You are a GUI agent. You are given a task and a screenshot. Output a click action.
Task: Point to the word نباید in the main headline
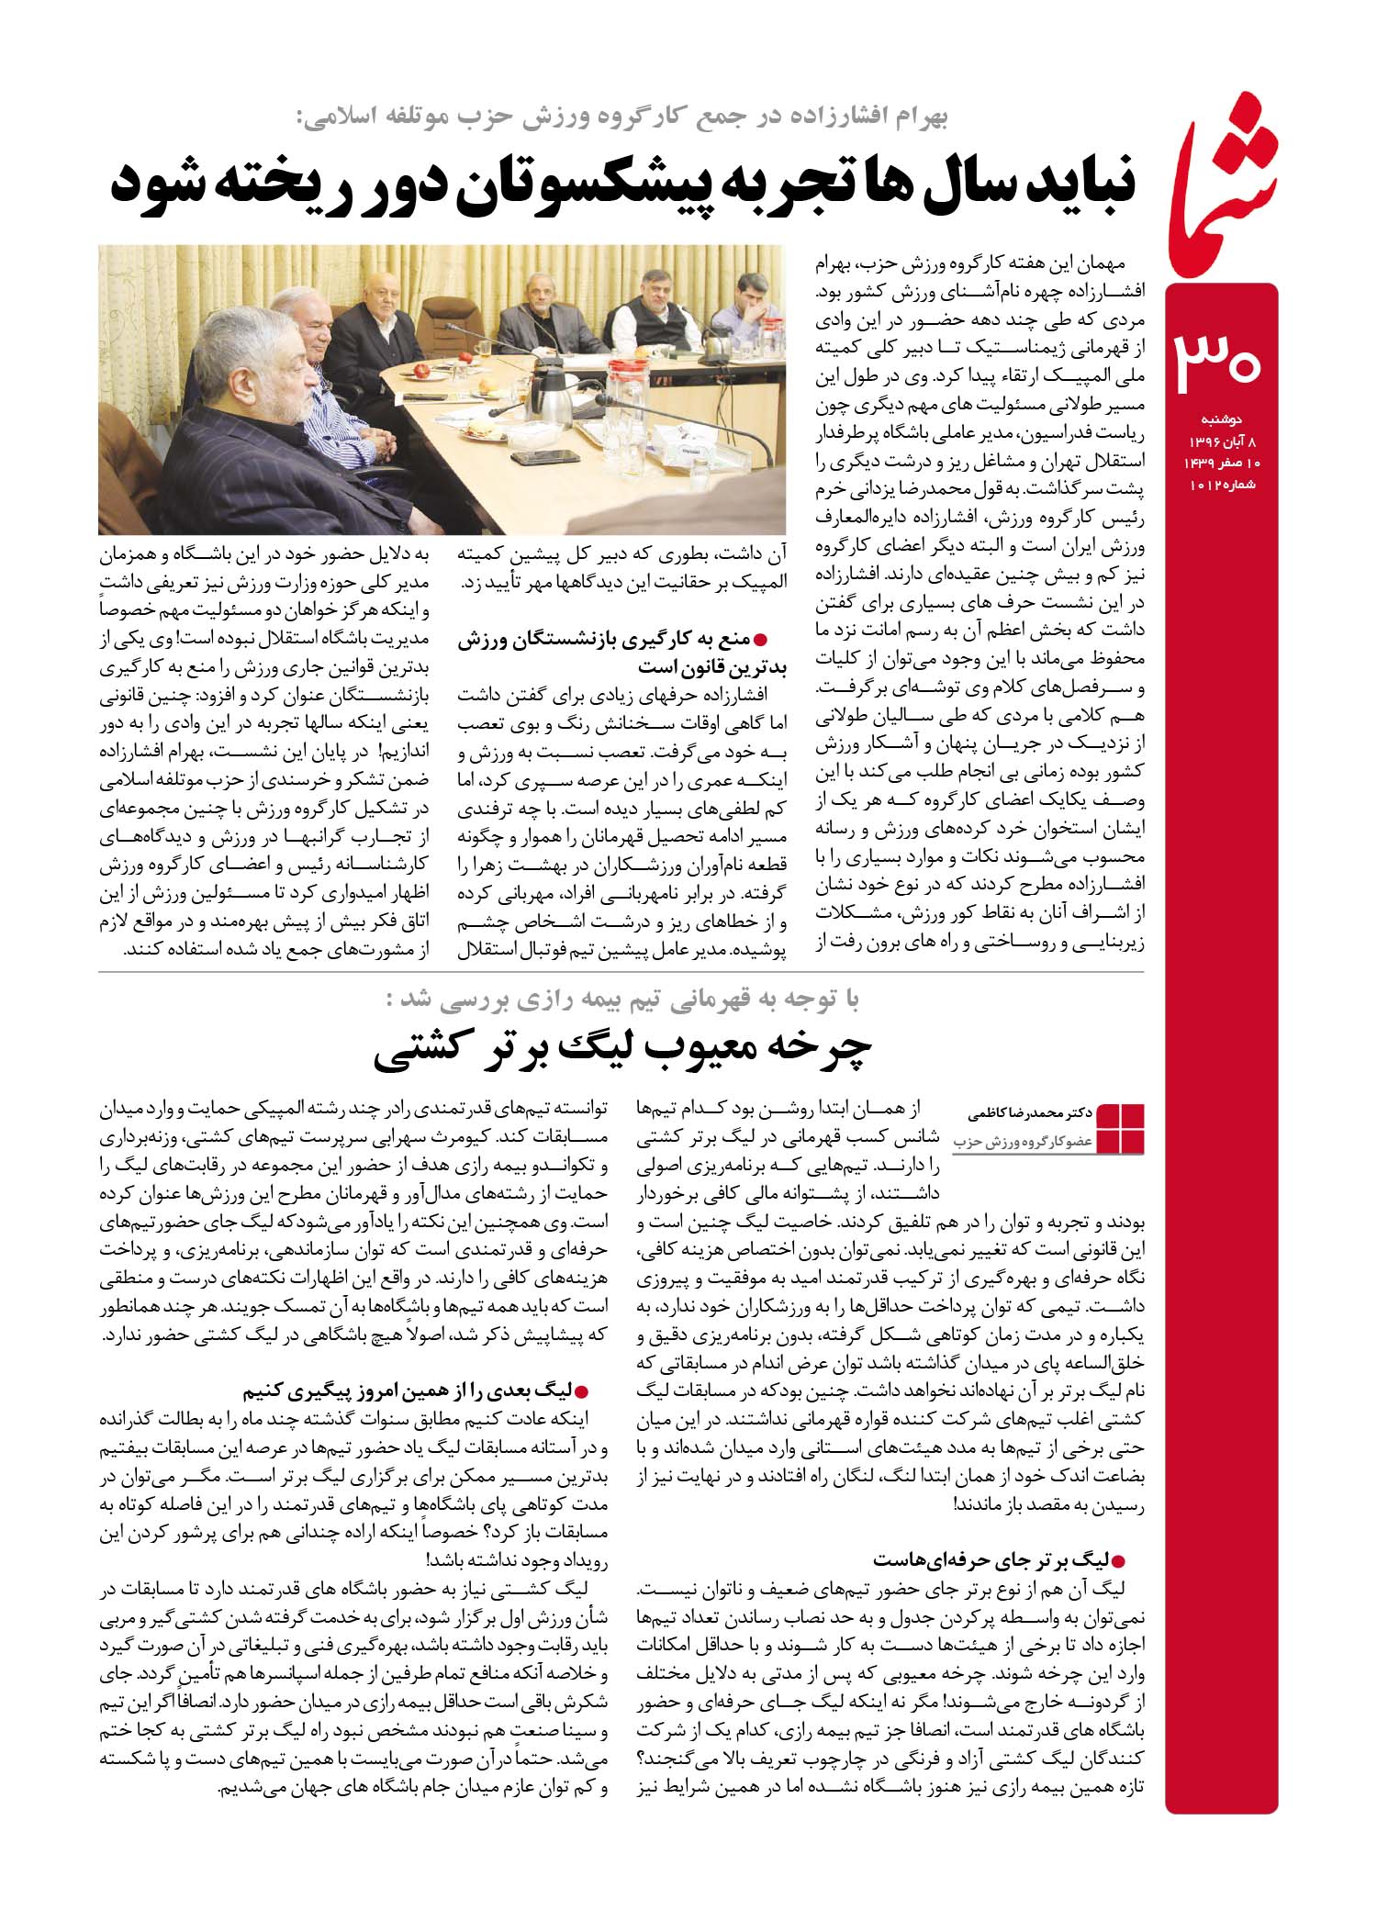(1084, 183)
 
